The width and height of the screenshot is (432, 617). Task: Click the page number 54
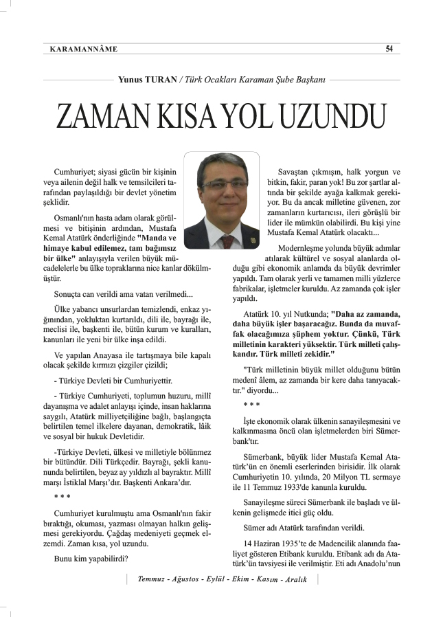(389, 49)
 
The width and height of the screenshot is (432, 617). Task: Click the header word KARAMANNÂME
(84, 49)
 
